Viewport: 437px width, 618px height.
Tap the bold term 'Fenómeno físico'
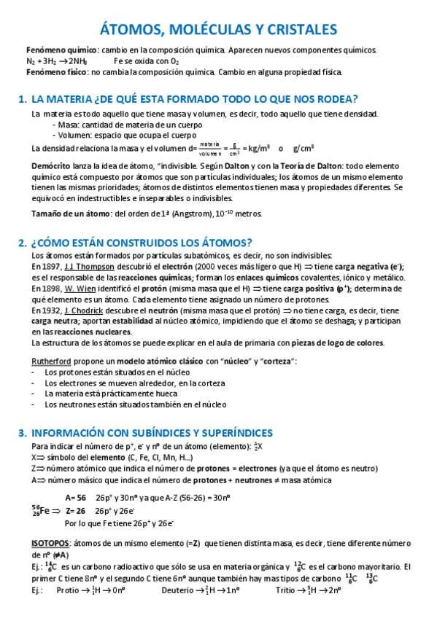[50, 72]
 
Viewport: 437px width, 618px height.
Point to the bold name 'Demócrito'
[50, 166]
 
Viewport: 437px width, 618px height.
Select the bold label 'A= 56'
[76, 498]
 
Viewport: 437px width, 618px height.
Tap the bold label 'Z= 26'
[76, 511]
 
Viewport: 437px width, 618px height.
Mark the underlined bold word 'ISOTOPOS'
[50, 544]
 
